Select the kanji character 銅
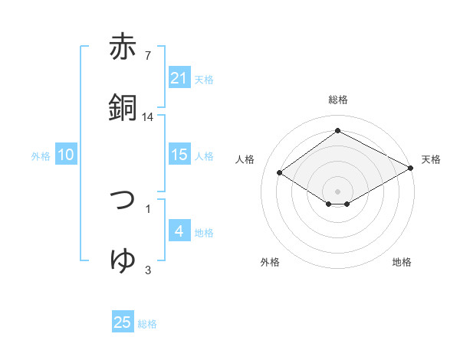click(x=123, y=106)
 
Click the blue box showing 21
click(x=179, y=77)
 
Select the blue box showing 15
click(x=179, y=155)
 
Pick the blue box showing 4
click(x=179, y=231)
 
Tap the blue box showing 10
click(x=66, y=155)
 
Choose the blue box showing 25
click(x=123, y=322)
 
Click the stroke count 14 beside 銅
click(x=148, y=117)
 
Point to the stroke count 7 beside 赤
click(x=148, y=55)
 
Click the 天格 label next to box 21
click(x=204, y=79)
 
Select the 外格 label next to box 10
click(x=41, y=155)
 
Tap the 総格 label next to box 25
click(x=147, y=324)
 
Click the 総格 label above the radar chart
click(x=337, y=100)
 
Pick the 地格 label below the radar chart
click(x=402, y=262)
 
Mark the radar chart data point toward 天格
click(x=412, y=169)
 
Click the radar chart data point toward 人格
click(x=280, y=173)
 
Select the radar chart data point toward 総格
click(x=337, y=131)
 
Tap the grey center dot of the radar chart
click(x=337, y=191)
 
